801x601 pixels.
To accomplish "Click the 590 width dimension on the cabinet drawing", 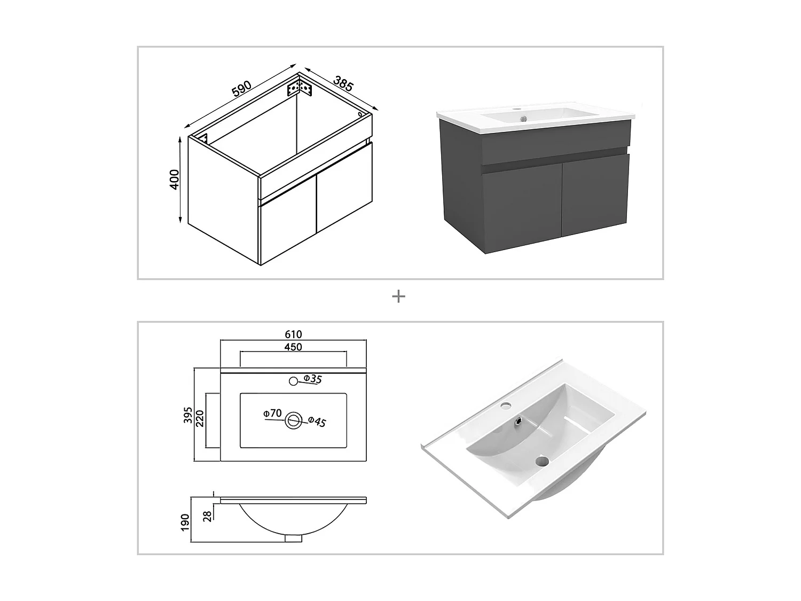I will coord(241,88).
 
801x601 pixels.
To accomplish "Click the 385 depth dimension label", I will coord(343,83).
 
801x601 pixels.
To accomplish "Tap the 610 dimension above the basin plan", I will coord(293,334).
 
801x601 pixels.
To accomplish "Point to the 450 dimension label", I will coord(293,347).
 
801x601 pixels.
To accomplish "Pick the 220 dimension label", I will coord(200,420).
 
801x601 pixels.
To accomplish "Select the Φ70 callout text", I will coord(272,413).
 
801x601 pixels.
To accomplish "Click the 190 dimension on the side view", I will coord(185,522).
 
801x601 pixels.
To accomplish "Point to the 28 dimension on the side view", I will coord(208,515).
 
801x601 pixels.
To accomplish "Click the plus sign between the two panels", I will coord(398,296).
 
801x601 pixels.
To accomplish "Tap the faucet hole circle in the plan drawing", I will coord(293,381).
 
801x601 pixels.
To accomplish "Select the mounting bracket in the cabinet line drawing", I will coord(300,88).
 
